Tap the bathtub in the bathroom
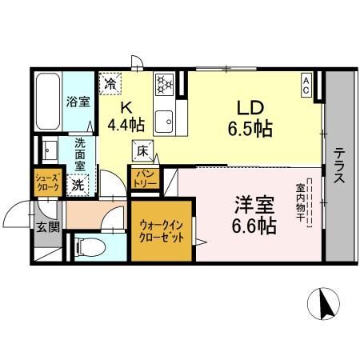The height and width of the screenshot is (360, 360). tap(46, 104)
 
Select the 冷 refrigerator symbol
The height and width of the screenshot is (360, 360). tap(110, 82)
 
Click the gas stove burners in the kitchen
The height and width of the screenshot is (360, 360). tap(166, 82)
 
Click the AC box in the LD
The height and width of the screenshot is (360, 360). tap(306, 82)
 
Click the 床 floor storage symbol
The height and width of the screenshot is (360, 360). tap(142, 150)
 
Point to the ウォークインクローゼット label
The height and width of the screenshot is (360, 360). tap(162, 232)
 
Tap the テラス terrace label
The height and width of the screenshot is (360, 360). tap(340, 165)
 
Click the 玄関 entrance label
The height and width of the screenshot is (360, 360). tap(45, 227)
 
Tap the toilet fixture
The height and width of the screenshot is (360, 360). tap(90, 246)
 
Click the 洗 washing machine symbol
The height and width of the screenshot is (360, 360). tap(78, 185)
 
